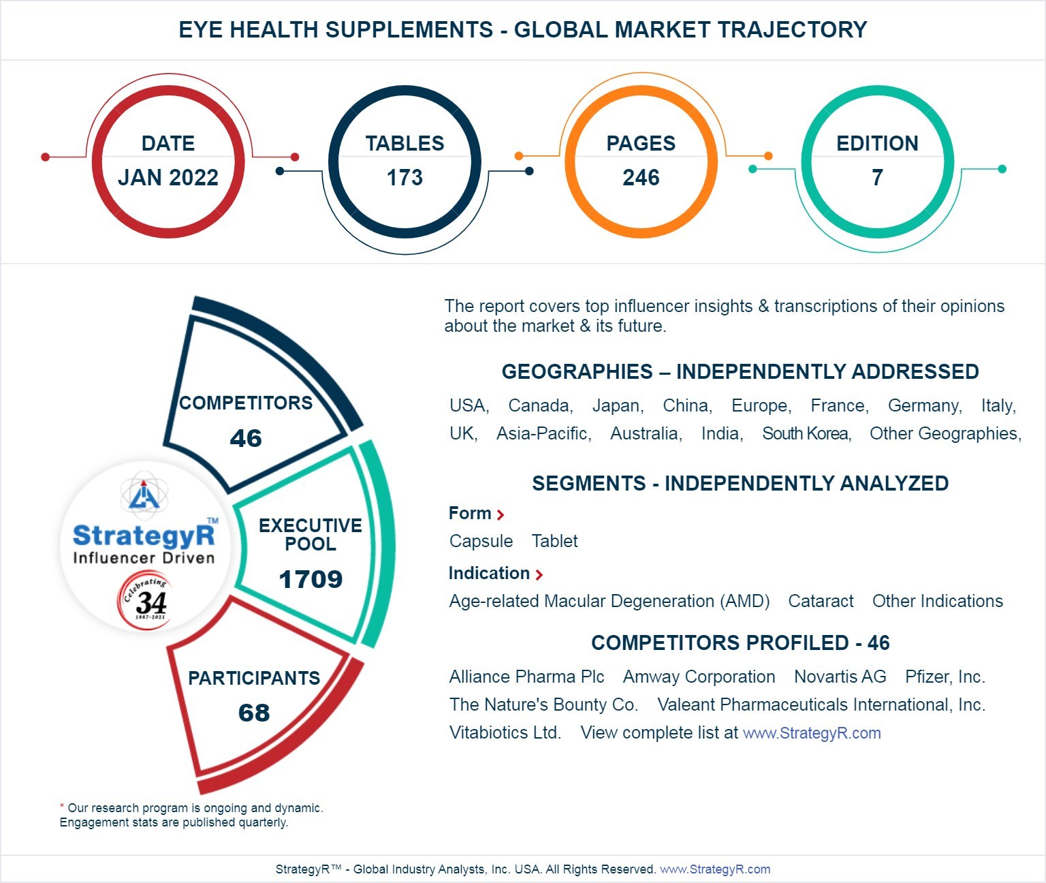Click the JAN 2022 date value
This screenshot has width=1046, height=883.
(168, 177)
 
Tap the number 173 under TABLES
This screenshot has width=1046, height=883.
(405, 178)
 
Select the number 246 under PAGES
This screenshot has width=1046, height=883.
(641, 178)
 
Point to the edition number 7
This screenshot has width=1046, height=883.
(877, 178)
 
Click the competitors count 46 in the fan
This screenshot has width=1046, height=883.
(246, 438)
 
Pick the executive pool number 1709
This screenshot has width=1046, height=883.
(311, 579)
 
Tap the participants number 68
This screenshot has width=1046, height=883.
(254, 713)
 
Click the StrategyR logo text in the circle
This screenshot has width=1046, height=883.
(144, 536)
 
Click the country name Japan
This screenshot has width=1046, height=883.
(617, 406)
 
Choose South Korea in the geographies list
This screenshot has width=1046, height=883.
(806, 434)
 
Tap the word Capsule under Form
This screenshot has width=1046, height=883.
(481, 541)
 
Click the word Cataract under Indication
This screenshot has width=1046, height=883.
(821, 601)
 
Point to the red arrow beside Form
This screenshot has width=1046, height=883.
(501, 515)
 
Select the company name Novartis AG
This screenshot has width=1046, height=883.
(840, 677)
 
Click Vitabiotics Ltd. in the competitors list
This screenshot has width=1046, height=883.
(505, 733)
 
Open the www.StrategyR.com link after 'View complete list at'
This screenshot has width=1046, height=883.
(811, 733)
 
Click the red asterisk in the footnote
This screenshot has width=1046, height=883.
(62, 807)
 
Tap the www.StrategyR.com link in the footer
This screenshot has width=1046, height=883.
(715, 869)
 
